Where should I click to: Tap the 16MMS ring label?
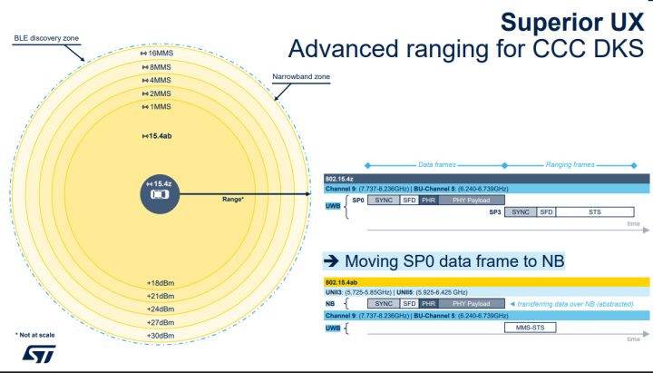(x=159, y=54)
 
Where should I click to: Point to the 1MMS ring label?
(x=159, y=107)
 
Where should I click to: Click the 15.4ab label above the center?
(x=159, y=136)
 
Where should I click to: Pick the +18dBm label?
(x=159, y=282)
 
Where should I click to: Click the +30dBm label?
(x=159, y=336)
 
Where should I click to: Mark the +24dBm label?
(x=159, y=309)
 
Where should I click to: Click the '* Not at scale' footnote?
(x=35, y=335)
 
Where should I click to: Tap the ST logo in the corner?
(x=36, y=354)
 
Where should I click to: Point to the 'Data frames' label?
(x=436, y=165)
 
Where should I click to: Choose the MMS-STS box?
(x=529, y=326)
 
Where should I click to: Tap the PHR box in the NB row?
(x=429, y=303)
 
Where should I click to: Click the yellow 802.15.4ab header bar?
(x=487, y=281)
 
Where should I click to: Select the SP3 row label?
(x=494, y=211)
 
